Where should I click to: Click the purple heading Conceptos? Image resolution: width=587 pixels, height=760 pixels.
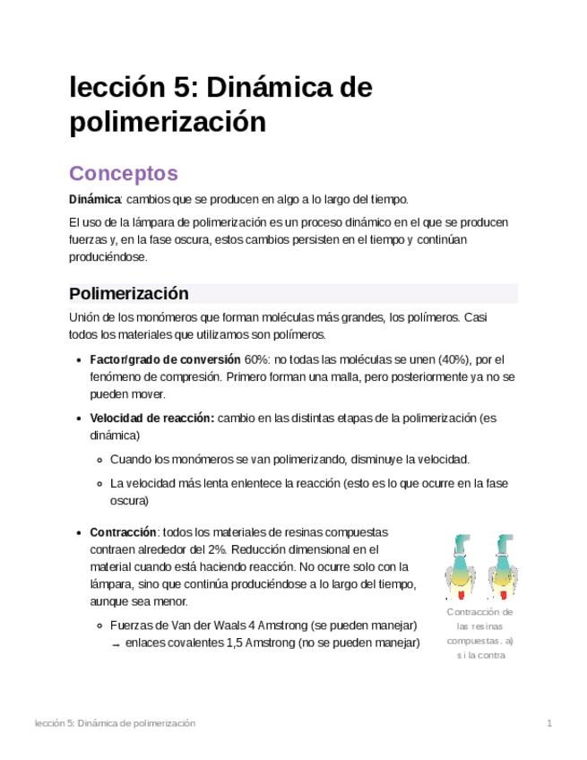pyautogui.click(x=124, y=173)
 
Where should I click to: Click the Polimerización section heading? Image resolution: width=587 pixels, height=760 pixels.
pyautogui.click(x=129, y=294)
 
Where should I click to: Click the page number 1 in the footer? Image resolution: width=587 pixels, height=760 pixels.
pyautogui.click(x=549, y=723)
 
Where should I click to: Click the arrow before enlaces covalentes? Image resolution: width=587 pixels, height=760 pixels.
pyautogui.click(x=116, y=643)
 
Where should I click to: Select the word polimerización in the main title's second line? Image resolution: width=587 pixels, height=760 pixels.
pyautogui.click(x=168, y=122)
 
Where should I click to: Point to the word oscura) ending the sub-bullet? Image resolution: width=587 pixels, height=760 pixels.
pyautogui.click(x=129, y=501)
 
